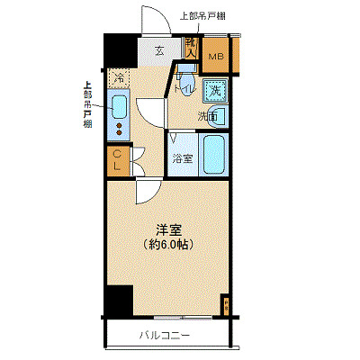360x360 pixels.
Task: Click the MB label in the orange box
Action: (x=215, y=58)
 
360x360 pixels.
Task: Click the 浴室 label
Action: (x=183, y=158)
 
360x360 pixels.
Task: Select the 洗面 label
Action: (x=207, y=116)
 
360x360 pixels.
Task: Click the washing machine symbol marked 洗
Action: (x=215, y=90)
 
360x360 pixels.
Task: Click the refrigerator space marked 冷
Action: (x=119, y=78)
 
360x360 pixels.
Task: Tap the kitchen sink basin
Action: (x=119, y=108)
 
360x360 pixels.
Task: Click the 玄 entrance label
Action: (x=158, y=51)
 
